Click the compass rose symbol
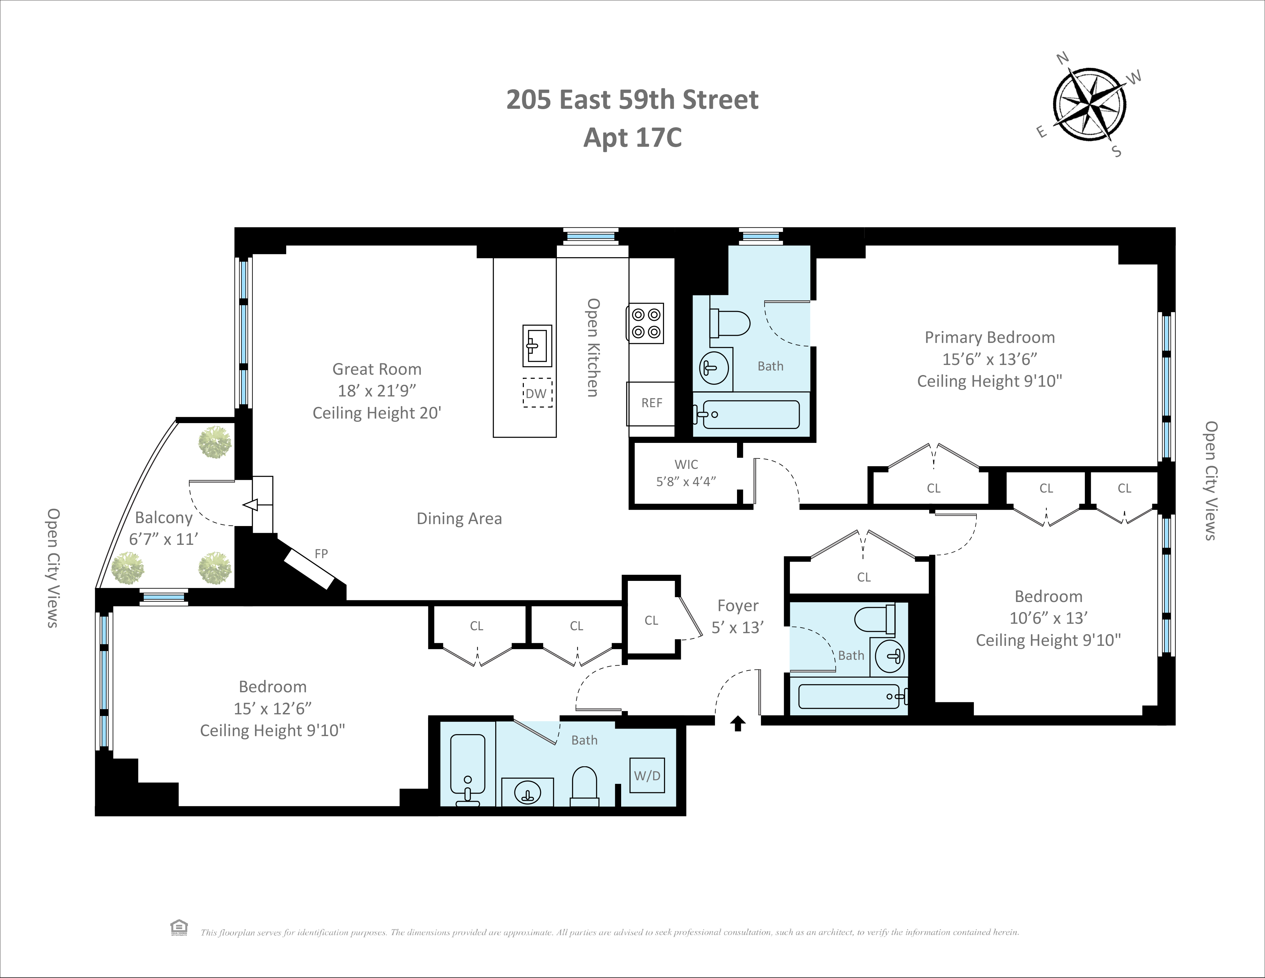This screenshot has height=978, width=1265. click(1089, 105)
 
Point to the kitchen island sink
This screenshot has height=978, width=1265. click(537, 346)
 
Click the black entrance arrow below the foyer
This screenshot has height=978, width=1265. click(737, 723)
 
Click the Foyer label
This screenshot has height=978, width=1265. click(737, 606)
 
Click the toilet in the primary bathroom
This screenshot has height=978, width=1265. click(731, 323)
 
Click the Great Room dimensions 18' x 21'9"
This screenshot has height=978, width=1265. click(377, 391)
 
